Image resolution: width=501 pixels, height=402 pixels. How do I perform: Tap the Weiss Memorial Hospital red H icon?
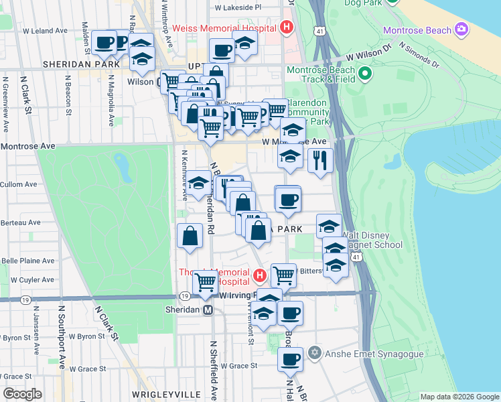[x=287, y=28]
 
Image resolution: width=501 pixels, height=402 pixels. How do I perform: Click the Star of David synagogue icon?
[x=315, y=352]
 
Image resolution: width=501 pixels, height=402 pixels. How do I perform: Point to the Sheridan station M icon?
[x=208, y=310]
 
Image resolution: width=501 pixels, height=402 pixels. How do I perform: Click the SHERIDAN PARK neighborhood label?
[x=81, y=64]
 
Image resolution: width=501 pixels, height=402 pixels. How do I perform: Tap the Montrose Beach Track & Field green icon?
[x=365, y=73]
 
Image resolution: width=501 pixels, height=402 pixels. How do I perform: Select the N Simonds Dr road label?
[x=418, y=56]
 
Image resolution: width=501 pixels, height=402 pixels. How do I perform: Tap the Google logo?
[x=23, y=393]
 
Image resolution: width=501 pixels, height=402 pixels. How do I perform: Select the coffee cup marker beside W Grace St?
[x=290, y=360]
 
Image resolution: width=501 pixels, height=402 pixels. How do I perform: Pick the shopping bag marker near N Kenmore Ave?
[x=190, y=235]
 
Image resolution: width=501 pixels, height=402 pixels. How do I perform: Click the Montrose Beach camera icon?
[x=460, y=29]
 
